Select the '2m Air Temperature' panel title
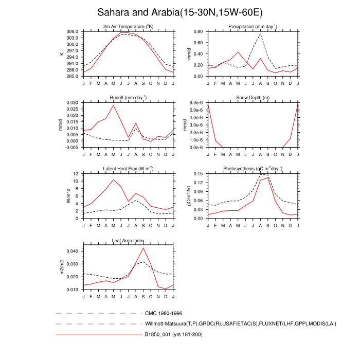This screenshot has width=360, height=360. pos(128,26)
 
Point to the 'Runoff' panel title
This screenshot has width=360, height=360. pos(128,97)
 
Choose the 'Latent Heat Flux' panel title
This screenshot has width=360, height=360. pos(128,169)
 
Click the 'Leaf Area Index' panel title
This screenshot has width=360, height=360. pos(128,240)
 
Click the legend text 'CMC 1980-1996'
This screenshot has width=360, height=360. pos(164,313)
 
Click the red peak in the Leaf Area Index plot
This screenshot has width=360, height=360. pos(143,248)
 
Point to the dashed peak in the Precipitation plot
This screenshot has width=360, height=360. pos(261,34)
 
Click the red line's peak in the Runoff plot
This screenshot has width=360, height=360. pos(113,105)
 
